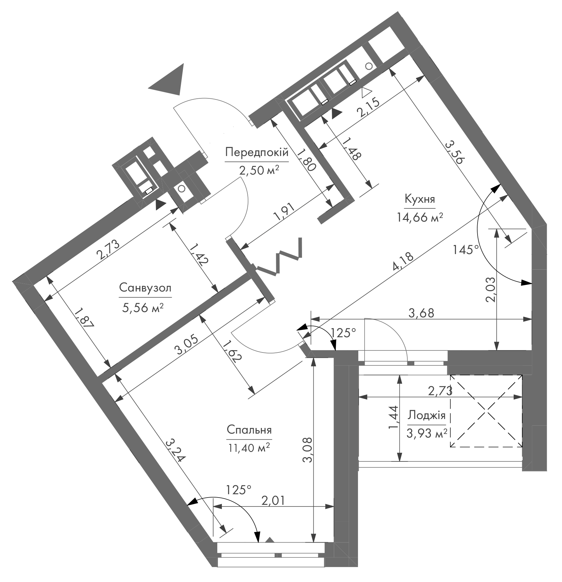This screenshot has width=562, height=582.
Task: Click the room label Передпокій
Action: tap(257, 153)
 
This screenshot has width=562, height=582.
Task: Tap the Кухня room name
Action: tap(420, 199)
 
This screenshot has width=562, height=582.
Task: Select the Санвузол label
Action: tap(145, 288)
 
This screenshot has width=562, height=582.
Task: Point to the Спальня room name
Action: tap(249, 430)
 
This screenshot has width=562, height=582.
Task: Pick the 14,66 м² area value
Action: tap(420, 218)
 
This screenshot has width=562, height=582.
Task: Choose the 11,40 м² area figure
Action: tap(249, 448)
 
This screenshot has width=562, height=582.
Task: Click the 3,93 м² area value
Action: tap(427, 434)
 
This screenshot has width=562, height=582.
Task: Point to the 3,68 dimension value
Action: tap(421, 313)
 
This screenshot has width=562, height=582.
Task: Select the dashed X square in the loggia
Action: tap(486, 411)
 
